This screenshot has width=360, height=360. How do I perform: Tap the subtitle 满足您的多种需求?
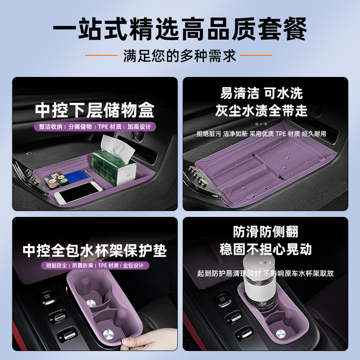pos(180,56)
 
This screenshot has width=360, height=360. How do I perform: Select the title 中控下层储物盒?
pos(95,110)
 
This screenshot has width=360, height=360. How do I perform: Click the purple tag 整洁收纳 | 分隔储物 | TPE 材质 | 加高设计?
pos(94,127)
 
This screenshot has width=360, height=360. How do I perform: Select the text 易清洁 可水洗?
pos(261,93)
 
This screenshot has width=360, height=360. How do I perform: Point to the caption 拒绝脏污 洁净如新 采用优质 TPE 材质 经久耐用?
pos(261,134)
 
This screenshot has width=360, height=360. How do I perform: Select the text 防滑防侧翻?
pos(265,232)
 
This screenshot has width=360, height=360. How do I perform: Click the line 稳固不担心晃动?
pos(265,249)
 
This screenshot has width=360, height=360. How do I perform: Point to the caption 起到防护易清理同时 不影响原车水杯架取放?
pos(265,273)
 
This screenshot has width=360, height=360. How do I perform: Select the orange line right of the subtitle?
pos(256,55)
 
